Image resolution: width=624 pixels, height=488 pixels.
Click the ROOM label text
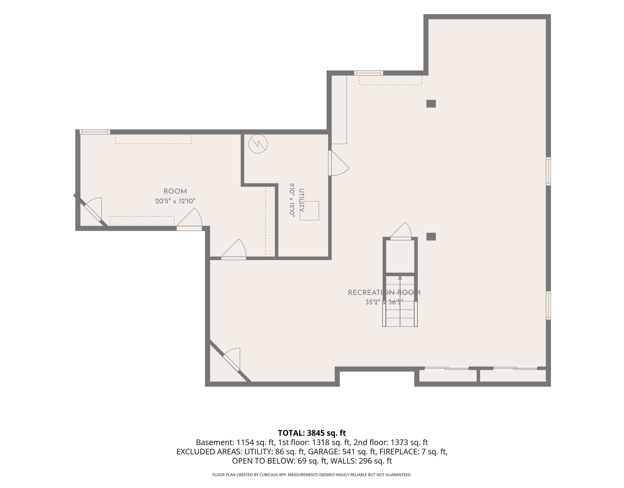175,191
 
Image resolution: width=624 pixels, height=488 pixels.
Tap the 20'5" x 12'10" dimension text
175,201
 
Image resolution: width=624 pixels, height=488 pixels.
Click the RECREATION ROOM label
384,293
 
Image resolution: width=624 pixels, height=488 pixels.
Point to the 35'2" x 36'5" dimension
384,302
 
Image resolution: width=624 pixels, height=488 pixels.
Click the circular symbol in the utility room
258,144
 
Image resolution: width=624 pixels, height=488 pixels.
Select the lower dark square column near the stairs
431,237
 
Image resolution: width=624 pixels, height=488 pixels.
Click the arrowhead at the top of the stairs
400,278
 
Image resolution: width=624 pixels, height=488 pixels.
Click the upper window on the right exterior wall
548,171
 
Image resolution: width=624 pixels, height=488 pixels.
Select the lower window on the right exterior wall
548,305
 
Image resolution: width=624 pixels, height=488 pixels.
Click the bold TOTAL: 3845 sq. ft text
312,433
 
